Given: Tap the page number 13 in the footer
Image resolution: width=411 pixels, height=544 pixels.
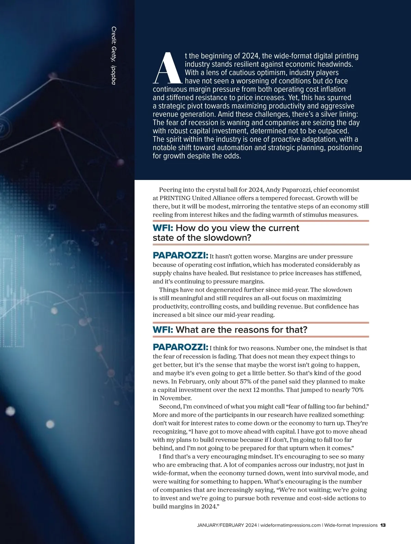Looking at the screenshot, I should coord(383,525).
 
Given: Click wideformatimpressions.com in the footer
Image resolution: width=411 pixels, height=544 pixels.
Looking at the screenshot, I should coord(291,525).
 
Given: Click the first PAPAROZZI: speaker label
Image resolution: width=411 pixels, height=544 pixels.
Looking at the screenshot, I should coord(180,256).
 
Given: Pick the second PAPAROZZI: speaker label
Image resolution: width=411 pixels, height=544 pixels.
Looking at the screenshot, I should coord(180,347).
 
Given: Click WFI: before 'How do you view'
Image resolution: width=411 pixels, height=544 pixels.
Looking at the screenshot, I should coord(163,228).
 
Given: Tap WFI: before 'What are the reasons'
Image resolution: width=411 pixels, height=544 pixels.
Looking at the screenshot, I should coord(163,330).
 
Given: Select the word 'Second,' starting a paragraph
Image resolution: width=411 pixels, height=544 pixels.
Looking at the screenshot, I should coord(170,406).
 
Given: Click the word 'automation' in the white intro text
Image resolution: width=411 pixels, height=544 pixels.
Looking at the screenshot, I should coord(247,148).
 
